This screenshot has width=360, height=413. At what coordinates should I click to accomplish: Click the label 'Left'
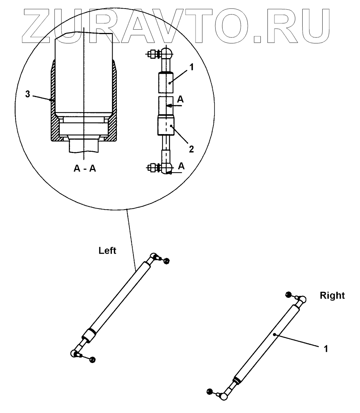click(107, 251)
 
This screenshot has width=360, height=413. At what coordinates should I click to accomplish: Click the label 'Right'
click(332, 296)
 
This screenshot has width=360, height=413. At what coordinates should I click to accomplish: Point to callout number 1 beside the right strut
click(326, 349)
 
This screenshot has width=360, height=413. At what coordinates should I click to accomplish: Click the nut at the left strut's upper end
click(166, 261)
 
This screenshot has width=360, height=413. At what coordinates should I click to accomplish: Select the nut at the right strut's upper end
click(288, 294)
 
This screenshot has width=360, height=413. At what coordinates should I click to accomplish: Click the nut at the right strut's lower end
click(209, 391)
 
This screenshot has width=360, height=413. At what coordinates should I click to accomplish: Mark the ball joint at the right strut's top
click(303, 299)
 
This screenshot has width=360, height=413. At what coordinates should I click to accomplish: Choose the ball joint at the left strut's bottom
click(73, 354)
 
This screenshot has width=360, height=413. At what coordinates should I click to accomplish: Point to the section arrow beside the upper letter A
click(174, 106)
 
